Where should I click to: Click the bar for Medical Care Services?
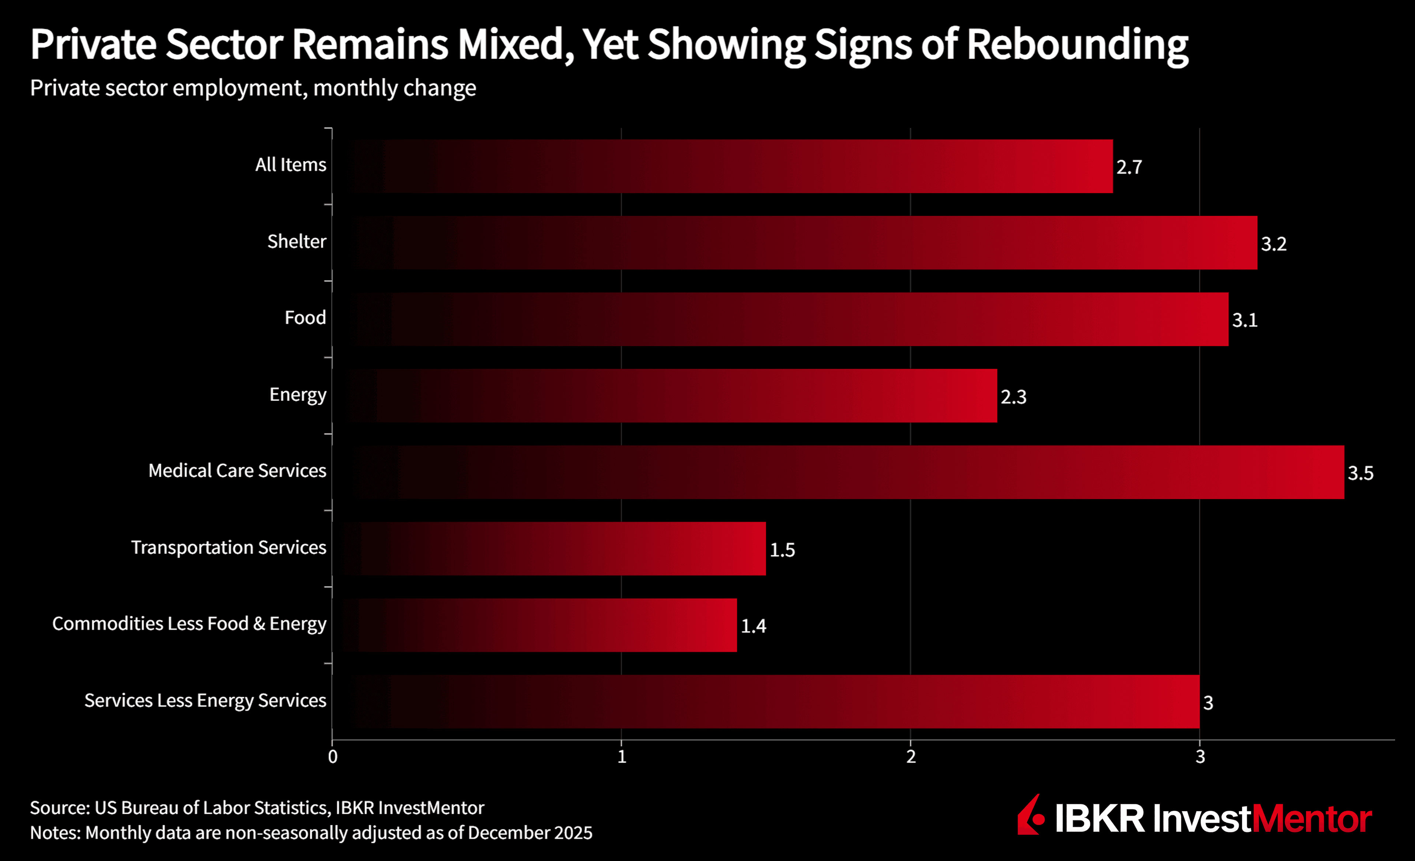point(838,472)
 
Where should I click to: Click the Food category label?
point(305,318)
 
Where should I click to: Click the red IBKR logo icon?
point(1031,816)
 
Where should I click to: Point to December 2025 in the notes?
point(530,833)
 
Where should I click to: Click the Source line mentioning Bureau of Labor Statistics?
point(257,808)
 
